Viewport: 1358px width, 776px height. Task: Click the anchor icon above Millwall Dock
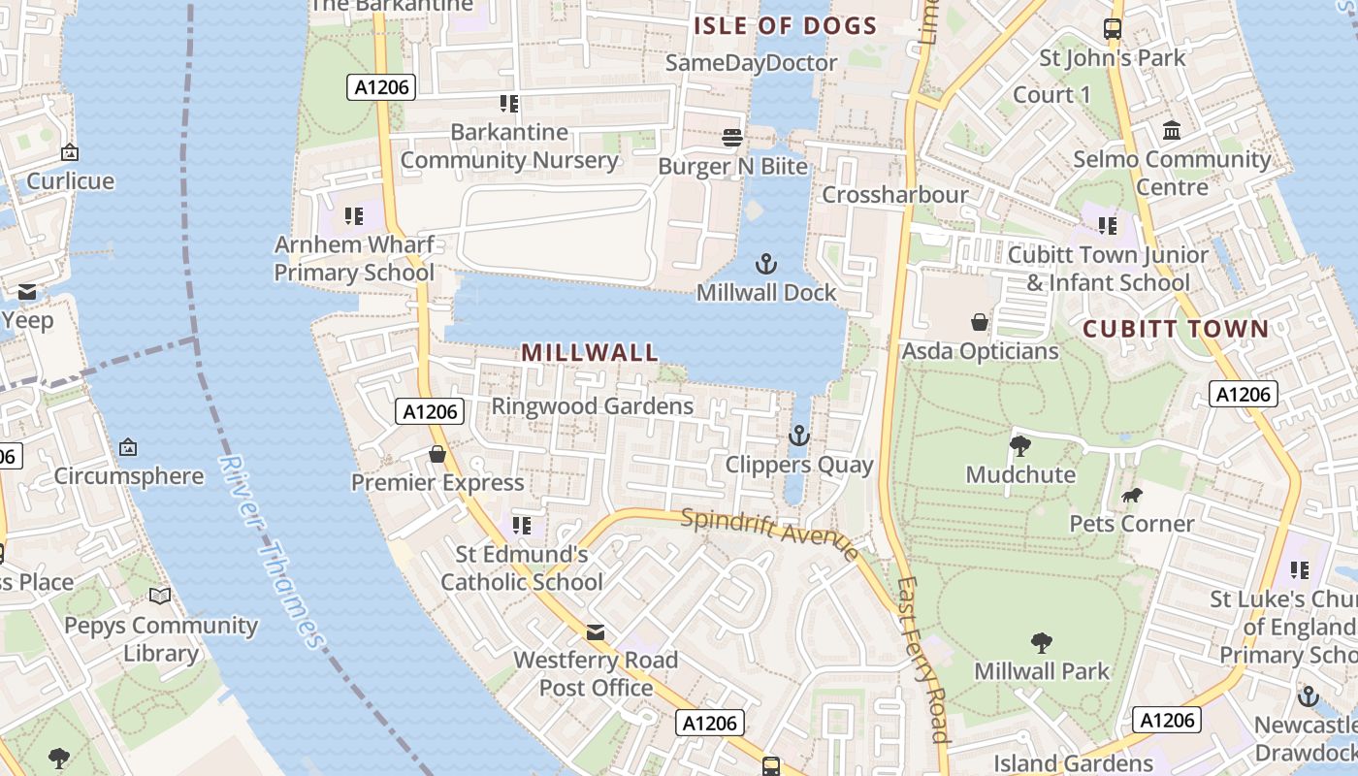click(766, 264)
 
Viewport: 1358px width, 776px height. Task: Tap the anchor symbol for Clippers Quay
click(798, 436)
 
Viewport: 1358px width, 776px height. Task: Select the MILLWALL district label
click(590, 352)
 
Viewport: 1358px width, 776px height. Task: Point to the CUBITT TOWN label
click(1176, 329)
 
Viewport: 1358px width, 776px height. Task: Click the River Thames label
click(272, 550)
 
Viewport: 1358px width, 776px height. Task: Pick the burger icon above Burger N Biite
click(732, 138)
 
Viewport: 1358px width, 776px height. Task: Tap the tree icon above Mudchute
click(1019, 446)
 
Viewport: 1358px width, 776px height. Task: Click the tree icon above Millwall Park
click(1041, 642)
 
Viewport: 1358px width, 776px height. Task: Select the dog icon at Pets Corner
click(1131, 496)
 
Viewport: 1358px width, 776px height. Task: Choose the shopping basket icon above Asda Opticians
click(980, 322)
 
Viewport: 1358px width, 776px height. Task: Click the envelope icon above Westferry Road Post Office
click(596, 632)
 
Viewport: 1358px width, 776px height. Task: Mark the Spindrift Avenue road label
click(769, 533)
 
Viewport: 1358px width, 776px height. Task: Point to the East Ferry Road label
click(922, 660)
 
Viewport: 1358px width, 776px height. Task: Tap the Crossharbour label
click(894, 195)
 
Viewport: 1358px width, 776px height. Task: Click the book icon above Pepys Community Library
click(160, 597)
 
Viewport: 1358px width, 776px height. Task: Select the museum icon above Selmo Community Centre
click(1172, 130)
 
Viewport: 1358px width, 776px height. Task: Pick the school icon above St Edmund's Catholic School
click(522, 526)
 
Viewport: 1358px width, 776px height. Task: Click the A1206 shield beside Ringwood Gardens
click(431, 411)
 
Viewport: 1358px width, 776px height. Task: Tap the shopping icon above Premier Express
click(437, 454)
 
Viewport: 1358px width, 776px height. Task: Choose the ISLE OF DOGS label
click(785, 26)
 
